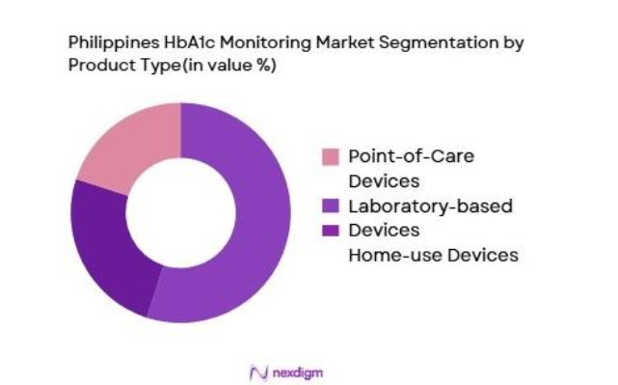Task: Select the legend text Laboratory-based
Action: [416, 206]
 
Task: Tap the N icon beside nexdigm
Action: [257, 371]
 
